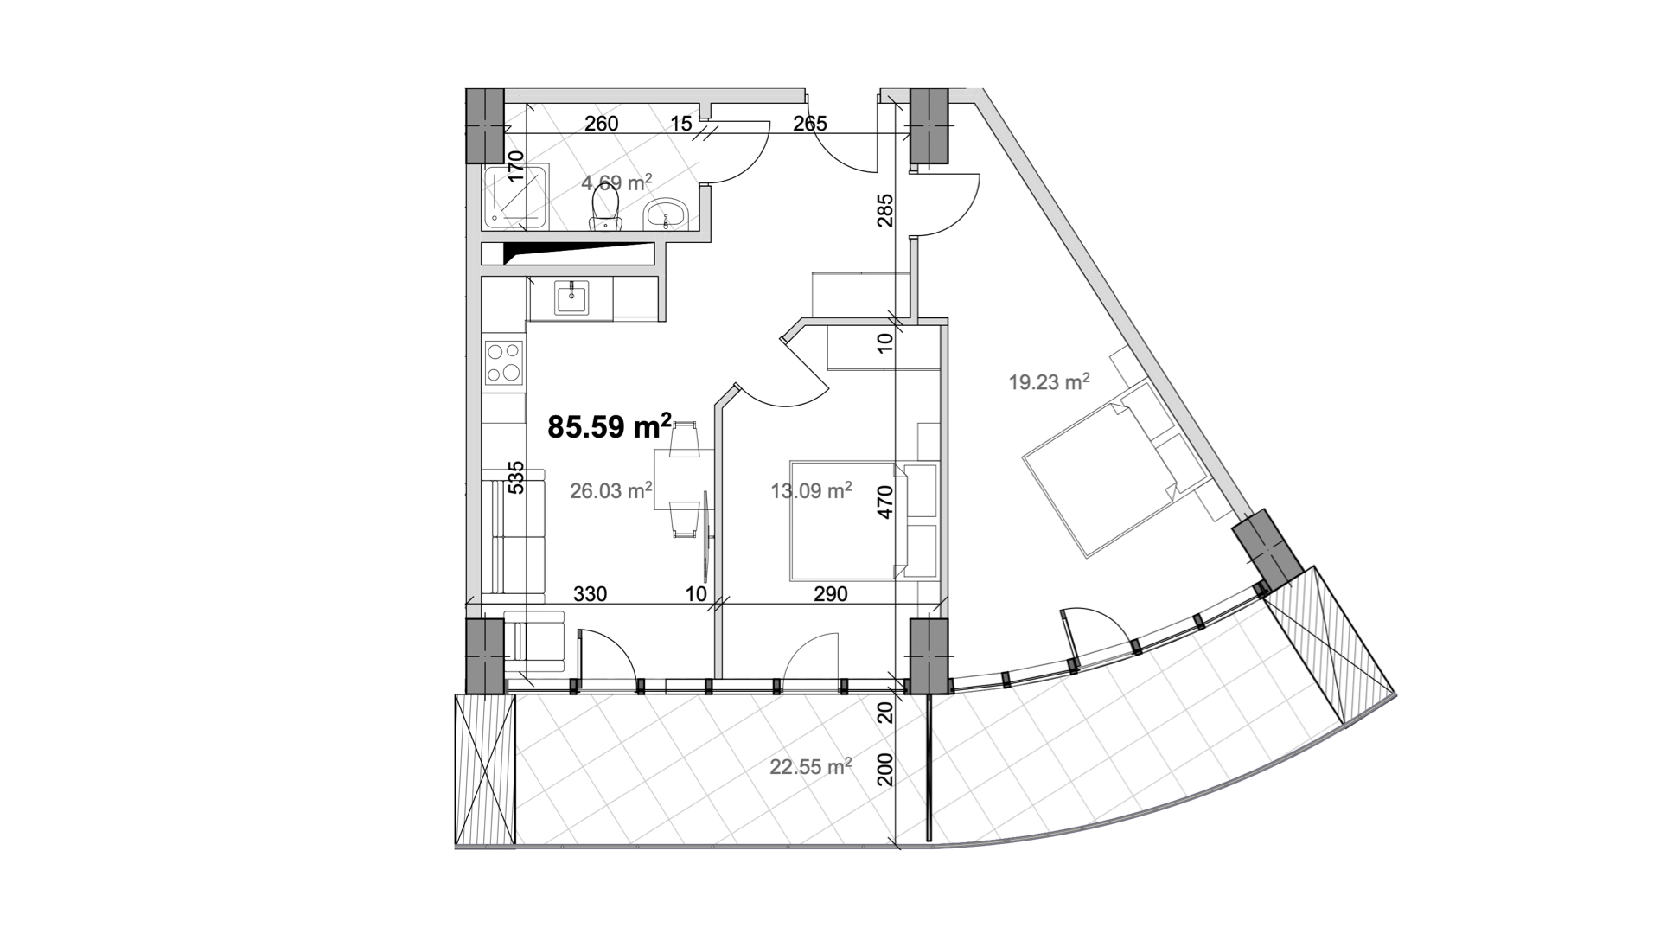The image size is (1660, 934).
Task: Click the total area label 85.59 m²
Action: pyautogui.click(x=610, y=425)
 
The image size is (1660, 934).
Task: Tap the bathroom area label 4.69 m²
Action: pyautogui.click(x=616, y=182)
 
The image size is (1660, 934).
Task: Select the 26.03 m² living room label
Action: pyautogui.click(x=611, y=490)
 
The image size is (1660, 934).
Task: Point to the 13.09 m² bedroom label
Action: pyautogui.click(x=812, y=490)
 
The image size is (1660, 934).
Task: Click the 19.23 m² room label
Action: pyautogui.click(x=1049, y=381)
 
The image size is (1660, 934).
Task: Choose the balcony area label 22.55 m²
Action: pyautogui.click(x=812, y=765)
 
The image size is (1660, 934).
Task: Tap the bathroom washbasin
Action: pyautogui.click(x=666, y=214)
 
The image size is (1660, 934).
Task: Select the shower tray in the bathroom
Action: pyautogui.click(x=515, y=197)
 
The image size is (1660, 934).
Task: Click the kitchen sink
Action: pyautogui.click(x=571, y=299)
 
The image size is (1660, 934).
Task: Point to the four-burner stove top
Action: pyautogui.click(x=503, y=362)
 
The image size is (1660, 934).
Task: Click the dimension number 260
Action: pyautogui.click(x=602, y=124)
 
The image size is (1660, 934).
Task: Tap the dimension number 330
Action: pyautogui.click(x=591, y=594)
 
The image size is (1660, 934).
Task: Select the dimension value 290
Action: pyautogui.click(x=831, y=594)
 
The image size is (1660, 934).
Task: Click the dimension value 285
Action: pyautogui.click(x=884, y=209)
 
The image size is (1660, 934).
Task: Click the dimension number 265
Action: pyautogui.click(x=810, y=124)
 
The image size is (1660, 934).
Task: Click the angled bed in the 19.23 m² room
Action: pyautogui.click(x=1115, y=467)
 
